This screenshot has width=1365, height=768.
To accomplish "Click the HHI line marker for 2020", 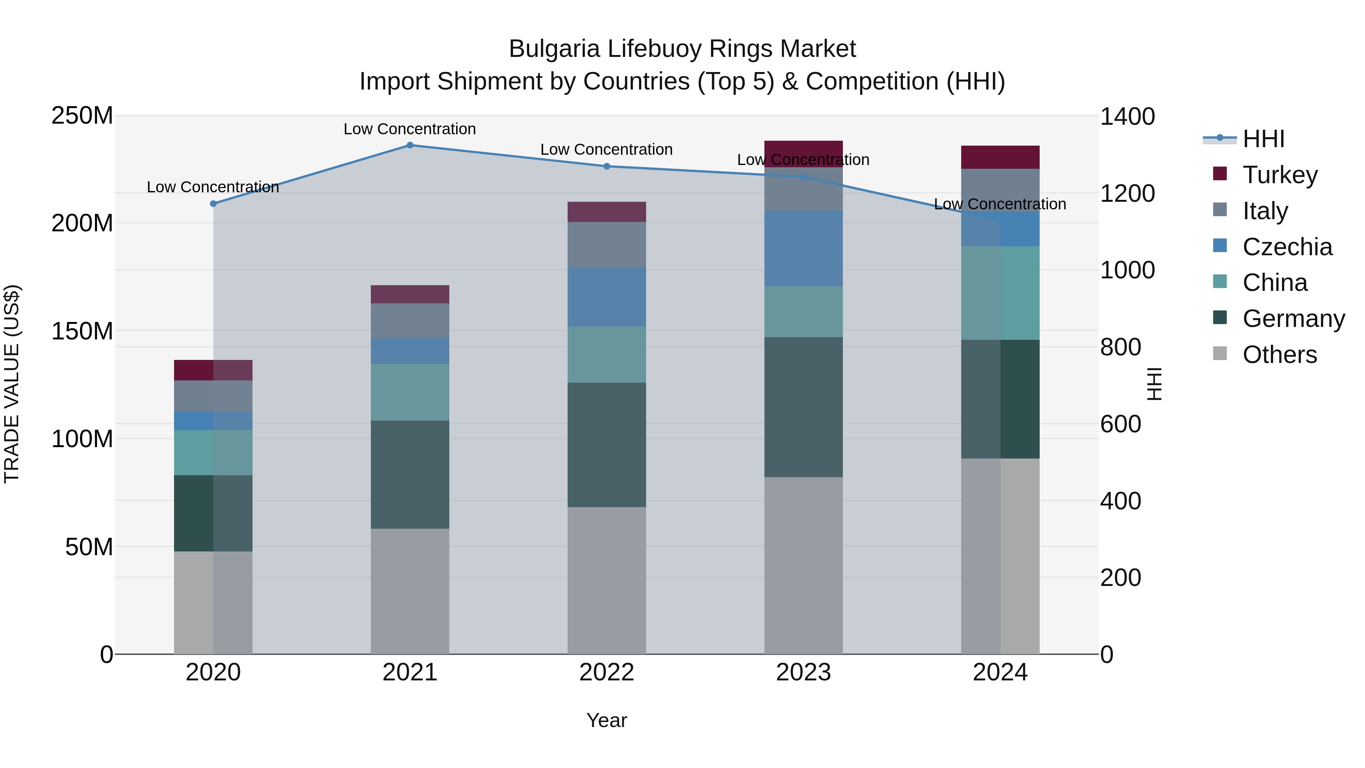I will (213, 204).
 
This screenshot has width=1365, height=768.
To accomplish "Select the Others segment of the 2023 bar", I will (803, 565).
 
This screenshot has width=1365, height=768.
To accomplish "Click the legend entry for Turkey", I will (1280, 175).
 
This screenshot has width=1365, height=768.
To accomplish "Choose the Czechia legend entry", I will (1287, 247).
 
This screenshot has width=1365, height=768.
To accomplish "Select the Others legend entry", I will (1279, 355).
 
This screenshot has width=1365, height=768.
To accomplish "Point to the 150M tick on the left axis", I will (82, 331).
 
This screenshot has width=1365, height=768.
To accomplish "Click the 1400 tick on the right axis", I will (1127, 116).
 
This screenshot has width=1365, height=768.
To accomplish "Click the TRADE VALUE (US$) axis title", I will (12, 384).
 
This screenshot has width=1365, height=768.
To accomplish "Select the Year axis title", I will (607, 720).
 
